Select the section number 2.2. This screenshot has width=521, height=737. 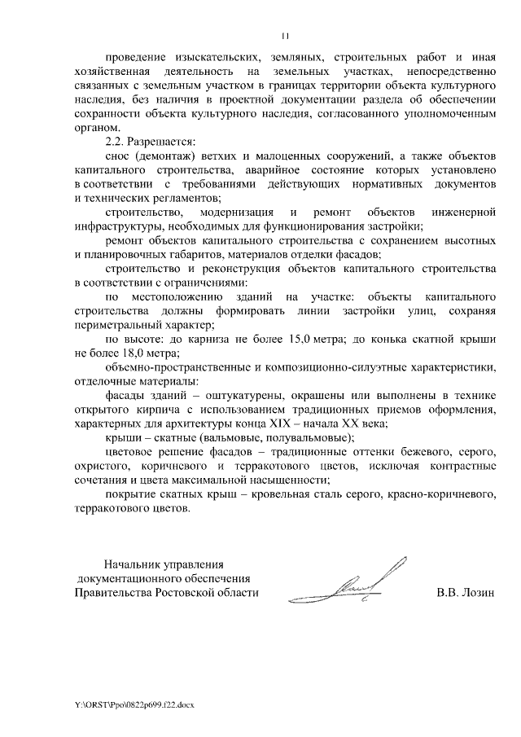117,142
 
